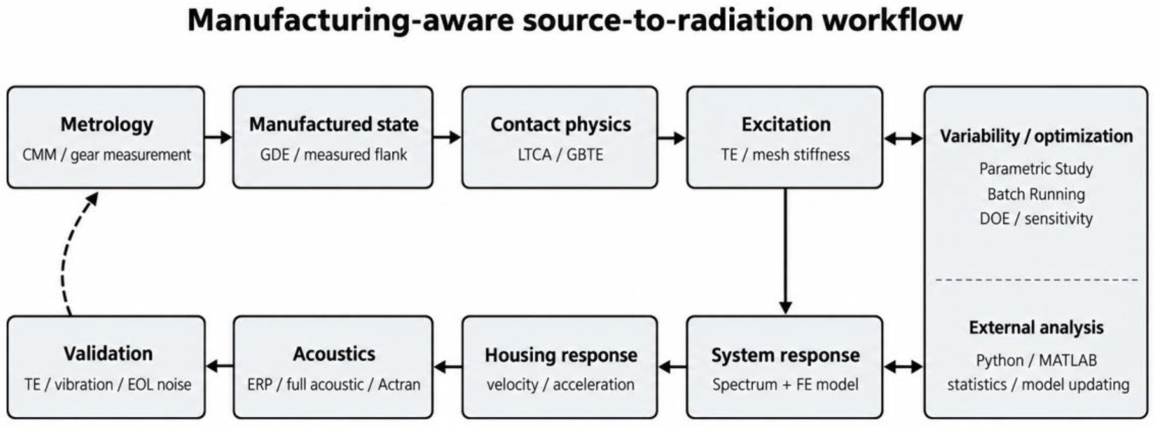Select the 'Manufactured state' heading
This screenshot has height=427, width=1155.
[334, 124]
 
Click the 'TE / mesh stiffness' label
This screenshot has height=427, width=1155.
[785, 154]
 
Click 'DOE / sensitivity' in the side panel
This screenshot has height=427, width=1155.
[1036, 218]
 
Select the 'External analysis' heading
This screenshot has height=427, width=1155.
[1036, 327]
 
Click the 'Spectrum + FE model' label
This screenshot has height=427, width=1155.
[785, 384]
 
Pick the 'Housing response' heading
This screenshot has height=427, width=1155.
[561, 355]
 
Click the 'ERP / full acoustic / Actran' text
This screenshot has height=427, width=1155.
[334, 384]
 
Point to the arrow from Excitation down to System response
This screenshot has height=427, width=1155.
[785, 251]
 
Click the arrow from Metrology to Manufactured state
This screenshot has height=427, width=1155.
[219, 137]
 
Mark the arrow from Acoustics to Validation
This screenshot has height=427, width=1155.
[220, 366]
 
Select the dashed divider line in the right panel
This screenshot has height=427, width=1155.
[1036, 280]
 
